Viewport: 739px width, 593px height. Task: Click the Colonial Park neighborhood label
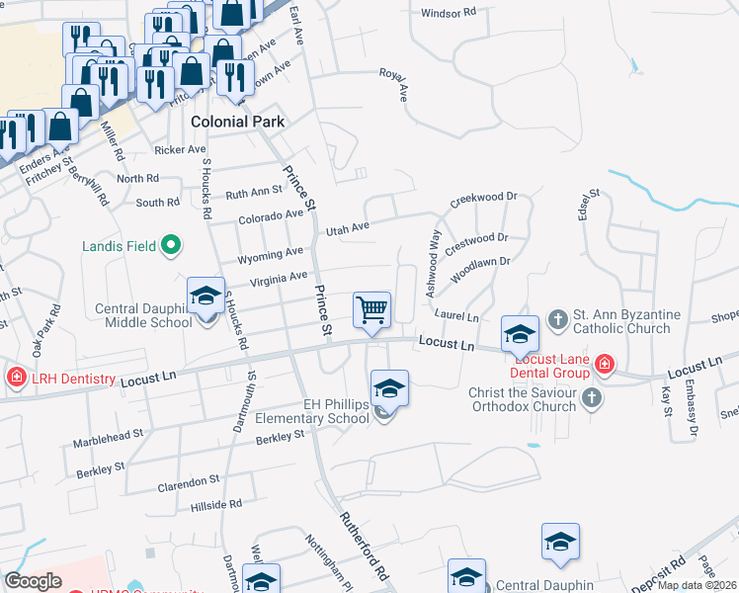coord(237,123)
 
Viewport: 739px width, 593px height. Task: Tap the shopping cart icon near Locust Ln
coord(372,309)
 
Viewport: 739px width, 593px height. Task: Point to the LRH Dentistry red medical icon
coord(16,378)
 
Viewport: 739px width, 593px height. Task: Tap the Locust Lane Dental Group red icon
coord(603,368)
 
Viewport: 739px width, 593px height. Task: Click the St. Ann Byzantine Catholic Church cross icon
coord(558,319)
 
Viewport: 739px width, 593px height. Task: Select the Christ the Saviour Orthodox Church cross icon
coord(591,398)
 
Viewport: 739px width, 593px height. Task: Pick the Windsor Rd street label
coord(449,13)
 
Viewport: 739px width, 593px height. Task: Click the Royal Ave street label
coord(393,85)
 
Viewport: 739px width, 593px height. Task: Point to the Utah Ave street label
coord(348,228)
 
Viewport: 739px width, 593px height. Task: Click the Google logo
coord(34,581)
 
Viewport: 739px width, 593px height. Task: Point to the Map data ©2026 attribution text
coord(698,585)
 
